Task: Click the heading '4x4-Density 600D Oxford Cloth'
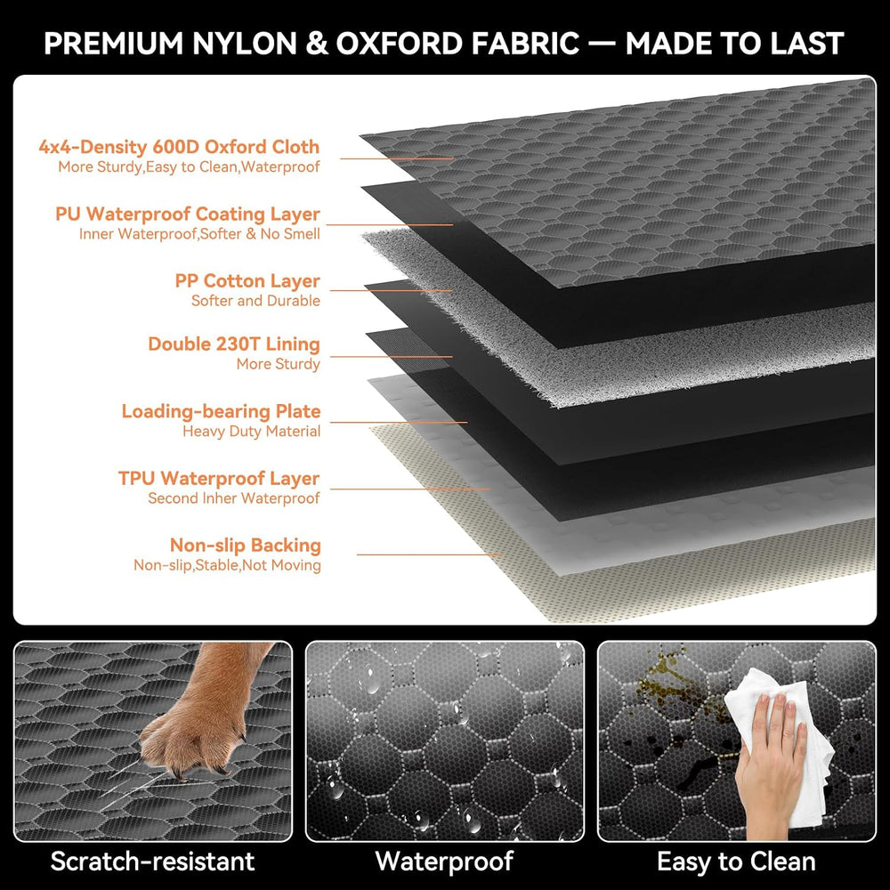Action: coord(179,147)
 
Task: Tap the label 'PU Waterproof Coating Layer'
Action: coord(187,214)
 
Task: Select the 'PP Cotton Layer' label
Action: coord(247,281)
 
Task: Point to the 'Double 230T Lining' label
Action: coord(234,344)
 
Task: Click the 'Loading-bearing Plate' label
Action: coord(221,411)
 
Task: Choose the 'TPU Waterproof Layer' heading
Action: coord(219,478)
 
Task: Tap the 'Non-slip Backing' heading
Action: coord(246,545)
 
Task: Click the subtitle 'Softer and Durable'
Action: coord(255,301)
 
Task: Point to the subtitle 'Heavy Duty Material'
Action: coord(252,432)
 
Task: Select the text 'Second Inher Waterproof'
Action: coord(234,498)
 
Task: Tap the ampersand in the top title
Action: coord(317,44)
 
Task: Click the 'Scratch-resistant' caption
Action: coord(153,861)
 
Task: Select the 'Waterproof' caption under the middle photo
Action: coord(444,861)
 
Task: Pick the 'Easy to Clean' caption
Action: coord(736,861)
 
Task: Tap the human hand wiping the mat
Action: coord(770,761)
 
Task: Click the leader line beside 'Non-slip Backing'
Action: coord(430,554)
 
